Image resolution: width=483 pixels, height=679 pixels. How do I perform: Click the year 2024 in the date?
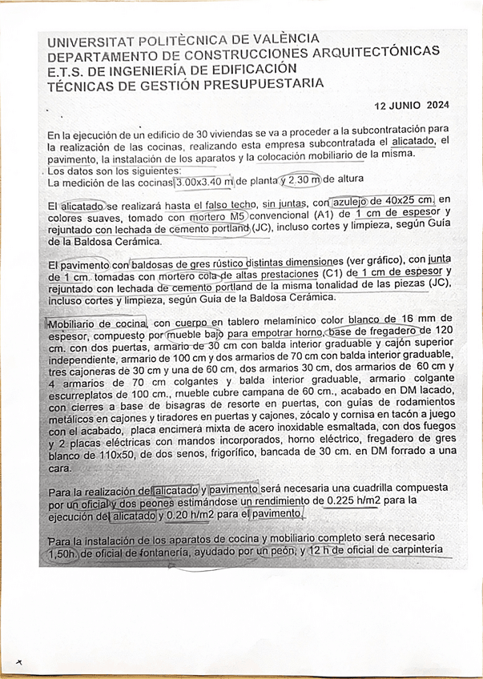[x=438, y=106]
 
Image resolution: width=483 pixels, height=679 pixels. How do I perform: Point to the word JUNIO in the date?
[x=406, y=106]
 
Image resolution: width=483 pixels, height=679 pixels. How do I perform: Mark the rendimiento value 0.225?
[x=342, y=501]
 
